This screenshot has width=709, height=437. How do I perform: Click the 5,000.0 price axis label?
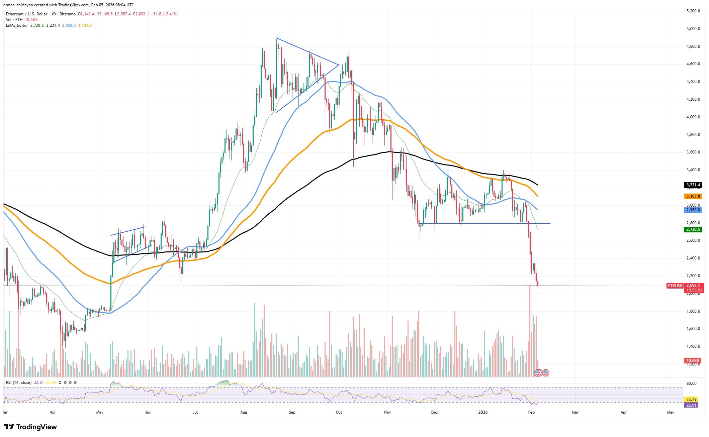(x=691, y=29)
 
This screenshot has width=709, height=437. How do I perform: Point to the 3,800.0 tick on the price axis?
(x=691, y=135)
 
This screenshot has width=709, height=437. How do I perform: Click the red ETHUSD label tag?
(x=675, y=286)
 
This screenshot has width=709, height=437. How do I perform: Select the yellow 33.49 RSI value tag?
(x=691, y=399)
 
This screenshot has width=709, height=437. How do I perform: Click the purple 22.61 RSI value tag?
(x=691, y=405)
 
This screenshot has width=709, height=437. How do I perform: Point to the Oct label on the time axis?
(x=339, y=412)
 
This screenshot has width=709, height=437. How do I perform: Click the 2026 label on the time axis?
(x=483, y=412)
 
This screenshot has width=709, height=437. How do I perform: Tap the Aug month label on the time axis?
(x=244, y=412)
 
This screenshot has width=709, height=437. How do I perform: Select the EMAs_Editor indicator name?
(x=17, y=25)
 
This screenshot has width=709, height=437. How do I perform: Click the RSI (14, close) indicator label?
(x=19, y=383)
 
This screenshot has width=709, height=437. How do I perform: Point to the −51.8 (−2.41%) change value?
(x=164, y=14)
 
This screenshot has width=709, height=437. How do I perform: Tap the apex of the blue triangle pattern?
(x=339, y=65)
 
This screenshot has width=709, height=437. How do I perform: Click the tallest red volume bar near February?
(x=530, y=331)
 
